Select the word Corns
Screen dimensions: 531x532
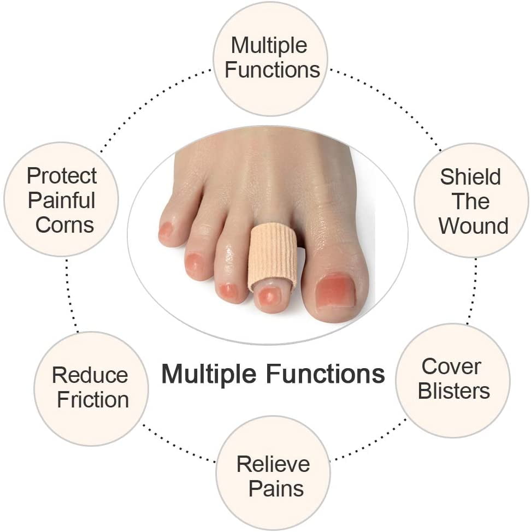64,225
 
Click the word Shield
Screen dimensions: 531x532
470,177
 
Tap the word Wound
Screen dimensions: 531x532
474,226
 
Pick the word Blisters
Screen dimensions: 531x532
453,391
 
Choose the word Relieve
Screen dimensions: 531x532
273,464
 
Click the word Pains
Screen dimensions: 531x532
276,488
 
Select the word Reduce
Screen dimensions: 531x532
90,375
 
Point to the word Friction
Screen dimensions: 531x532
93,400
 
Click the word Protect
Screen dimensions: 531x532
62,176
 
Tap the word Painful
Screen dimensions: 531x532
61,200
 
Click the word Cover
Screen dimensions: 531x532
451,367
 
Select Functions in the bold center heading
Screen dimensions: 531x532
326,374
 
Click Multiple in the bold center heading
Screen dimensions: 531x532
209,374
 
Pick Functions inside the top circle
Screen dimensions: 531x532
273,69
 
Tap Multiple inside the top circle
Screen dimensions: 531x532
269,46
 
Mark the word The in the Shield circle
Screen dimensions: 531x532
470,201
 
